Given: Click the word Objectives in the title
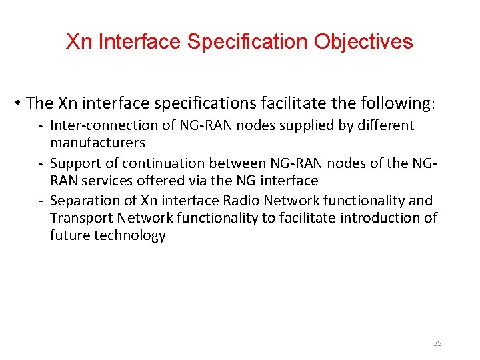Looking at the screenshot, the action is tap(363, 42).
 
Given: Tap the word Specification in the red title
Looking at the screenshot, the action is tap(248, 42).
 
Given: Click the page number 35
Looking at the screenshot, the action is tap(437, 343).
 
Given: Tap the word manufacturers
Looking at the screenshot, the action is tap(97, 143).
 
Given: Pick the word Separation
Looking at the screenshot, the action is tap(83, 201).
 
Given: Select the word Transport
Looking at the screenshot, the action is tap(78, 218).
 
